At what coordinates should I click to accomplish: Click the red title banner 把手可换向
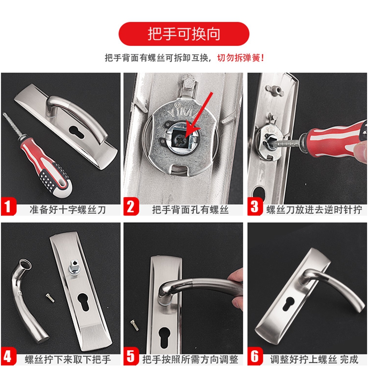point(184,34)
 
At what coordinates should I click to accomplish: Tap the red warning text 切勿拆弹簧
point(240,58)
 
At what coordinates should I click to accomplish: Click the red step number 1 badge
point(8,207)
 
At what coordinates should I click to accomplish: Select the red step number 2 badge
point(131,207)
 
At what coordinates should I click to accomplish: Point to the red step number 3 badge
point(255,207)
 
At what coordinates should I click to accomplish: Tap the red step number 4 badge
point(8,356)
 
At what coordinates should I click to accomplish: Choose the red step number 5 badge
point(131,356)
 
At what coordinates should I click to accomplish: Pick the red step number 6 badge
point(255,356)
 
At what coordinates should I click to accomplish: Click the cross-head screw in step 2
point(180,140)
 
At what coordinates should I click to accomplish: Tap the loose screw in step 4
point(50,298)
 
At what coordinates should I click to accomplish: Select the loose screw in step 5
point(134,325)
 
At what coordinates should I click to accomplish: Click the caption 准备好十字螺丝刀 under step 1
point(67,210)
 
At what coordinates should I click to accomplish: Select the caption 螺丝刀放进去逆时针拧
point(314,210)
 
